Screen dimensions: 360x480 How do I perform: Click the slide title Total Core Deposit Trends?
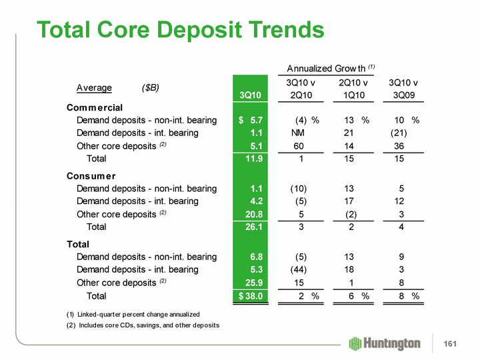click(181, 30)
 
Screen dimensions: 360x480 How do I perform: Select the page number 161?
click(451, 343)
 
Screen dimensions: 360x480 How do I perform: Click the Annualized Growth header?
click(331, 68)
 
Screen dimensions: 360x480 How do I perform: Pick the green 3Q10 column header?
click(251, 95)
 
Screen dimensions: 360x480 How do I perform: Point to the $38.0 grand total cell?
click(251, 296)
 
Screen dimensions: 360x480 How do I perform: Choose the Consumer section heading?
click(91, 176)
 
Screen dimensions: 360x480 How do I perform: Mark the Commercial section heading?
click(95, 107)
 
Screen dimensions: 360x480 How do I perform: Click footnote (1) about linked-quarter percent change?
click(133, 314)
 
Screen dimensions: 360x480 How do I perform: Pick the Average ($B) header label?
click(118, 87)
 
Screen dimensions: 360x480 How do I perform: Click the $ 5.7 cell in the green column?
click(251, 120)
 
